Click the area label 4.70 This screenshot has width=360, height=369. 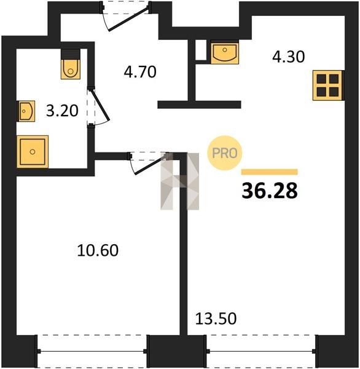(x=140, y=72)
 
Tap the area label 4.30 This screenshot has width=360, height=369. (x=288, y=57)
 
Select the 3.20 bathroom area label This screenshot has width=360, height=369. (x=62, y=111)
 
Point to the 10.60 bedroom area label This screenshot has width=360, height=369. (x=98, y=250)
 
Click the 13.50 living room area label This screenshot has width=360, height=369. (x=216, y=319)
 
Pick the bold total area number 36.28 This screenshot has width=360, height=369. (x=270, y=191)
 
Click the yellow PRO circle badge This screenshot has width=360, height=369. (x=225, y=153)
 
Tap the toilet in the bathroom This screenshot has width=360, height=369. (x=70, y=64)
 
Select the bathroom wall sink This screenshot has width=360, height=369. (x=26, y=111)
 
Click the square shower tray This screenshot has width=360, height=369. (x=33, y=152)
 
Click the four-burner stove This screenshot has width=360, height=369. (x=328, y=85)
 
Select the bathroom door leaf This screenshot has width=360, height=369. (x=100, y=105)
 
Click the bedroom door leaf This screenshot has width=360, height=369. (x=151, y=165)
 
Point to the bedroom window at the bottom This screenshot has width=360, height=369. (x=92, y=351)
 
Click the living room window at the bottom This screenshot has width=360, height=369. (x=261, y=351)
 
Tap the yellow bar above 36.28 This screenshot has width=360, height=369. (x=270, y=172)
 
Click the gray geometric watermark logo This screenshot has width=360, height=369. (x=179, y=181)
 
